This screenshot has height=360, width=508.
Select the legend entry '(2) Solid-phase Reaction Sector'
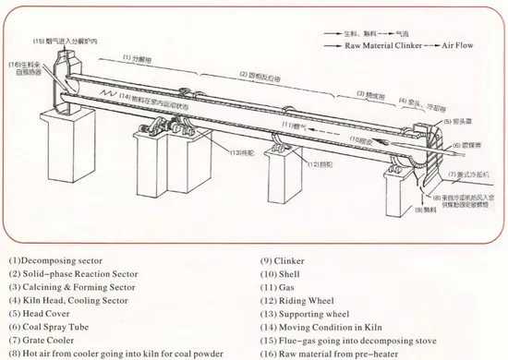[x=73, y=274]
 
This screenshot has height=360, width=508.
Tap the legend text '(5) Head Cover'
[x=42, y=314]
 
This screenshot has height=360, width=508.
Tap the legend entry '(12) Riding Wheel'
[x=302, y=301]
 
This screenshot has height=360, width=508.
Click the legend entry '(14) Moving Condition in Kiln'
[x=325, y=327]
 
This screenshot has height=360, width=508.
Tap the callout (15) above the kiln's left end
[x=78, y=42]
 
